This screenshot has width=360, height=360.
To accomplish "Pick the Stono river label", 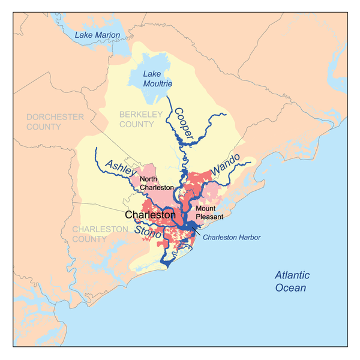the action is tap(148, 232).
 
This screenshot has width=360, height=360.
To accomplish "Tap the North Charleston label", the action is tap(155, 183).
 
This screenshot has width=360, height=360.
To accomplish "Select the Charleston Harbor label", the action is tap(231, 238).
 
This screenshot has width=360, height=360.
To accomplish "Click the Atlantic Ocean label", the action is tap(292, 281).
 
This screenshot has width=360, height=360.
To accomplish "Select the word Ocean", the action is tap(292, 287).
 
